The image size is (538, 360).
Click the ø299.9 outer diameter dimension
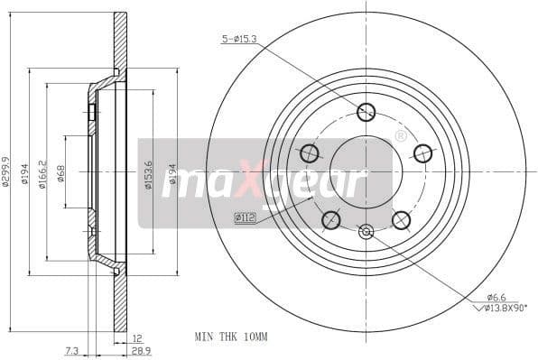[8, 171]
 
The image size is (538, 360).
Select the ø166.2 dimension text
[42, 171]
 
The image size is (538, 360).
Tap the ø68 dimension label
[60, 171]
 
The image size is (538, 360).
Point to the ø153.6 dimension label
[148, 171]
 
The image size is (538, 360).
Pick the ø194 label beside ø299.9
[25, 171]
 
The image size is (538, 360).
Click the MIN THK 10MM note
[231, 336]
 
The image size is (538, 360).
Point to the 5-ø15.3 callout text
[240, 38]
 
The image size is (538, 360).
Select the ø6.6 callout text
[496, 296]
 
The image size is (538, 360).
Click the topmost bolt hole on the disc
[366, 112]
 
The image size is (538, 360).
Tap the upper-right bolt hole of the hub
[422, 152]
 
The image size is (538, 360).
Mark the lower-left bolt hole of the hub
[331, 219]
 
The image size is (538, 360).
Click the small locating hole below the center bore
[366, 232]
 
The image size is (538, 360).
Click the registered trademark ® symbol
[401, 136]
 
